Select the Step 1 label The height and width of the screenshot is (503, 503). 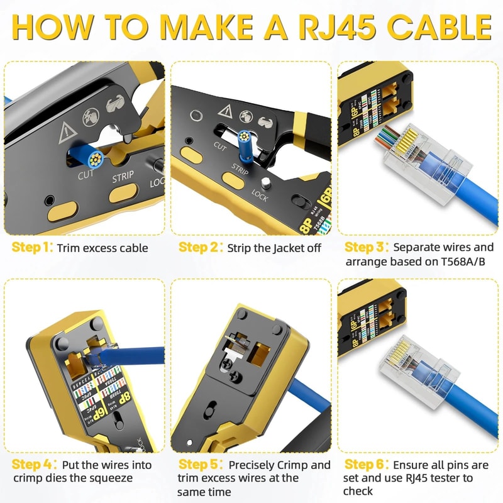click(30, 247)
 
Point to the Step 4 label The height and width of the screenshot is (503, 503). click(31, 465)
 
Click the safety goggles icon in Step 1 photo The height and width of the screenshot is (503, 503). click(116, 106)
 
